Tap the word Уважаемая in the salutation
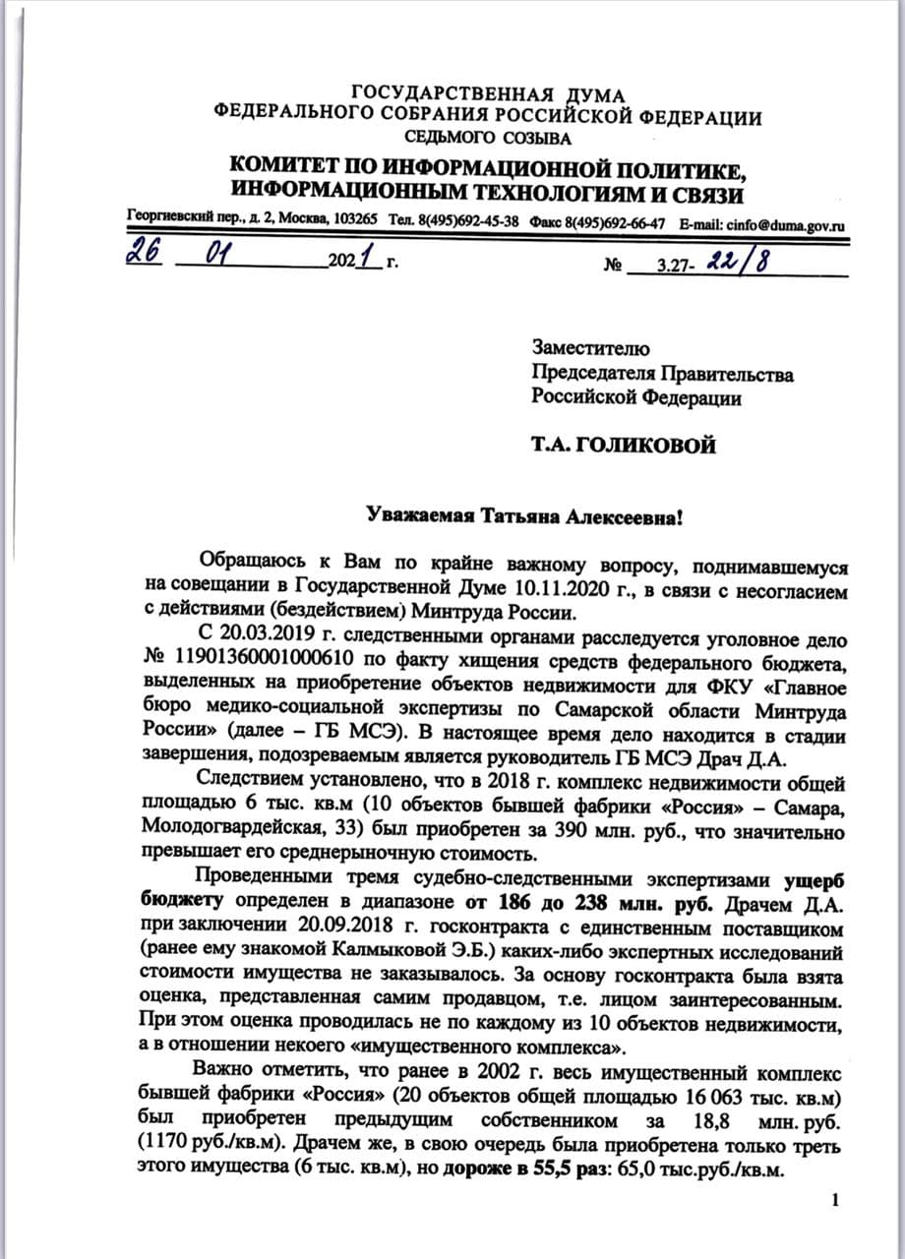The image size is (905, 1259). [414, 515]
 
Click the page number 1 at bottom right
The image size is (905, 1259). [835, 1198]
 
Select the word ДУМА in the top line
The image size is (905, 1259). [594, 95]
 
